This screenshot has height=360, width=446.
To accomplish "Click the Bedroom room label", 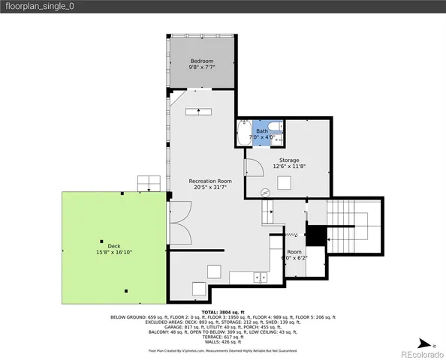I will (x=201, y=61).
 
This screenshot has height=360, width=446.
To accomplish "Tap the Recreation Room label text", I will (x=209, y=181).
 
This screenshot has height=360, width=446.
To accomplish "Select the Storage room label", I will (x=289, y=160).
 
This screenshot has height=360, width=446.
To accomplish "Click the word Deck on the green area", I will (x=114, y=245).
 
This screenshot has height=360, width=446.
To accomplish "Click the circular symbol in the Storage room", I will (x=265, y=193).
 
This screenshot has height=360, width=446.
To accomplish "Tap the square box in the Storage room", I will (x=285, y=183).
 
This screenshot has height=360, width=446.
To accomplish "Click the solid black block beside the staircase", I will (x=317, y=235).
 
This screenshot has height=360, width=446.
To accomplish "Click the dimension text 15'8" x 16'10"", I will (x=114, y=253).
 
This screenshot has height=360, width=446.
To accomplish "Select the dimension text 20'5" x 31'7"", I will (x=209, y=188).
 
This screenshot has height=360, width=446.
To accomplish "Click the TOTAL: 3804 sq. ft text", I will (x=223, y=311).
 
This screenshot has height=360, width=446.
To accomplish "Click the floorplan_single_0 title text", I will (x=41, y=7).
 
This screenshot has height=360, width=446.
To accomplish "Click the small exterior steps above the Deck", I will (x=149, y=184).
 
